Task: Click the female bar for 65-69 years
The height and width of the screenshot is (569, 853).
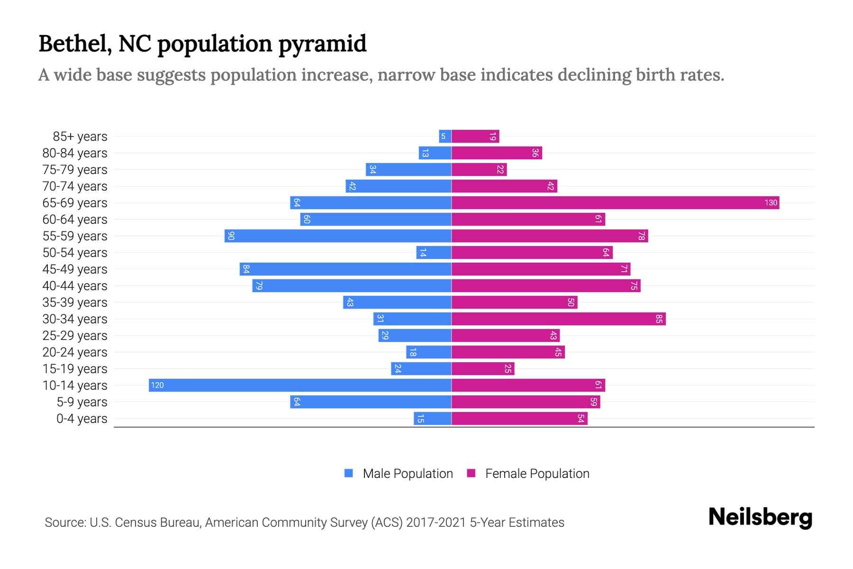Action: [x=615, y=203]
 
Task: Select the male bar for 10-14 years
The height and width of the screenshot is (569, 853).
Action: [x=300, y=385]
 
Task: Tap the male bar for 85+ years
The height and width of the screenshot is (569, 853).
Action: [x=445, y=137]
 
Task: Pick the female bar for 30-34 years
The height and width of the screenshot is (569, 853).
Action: [x=558, y=319]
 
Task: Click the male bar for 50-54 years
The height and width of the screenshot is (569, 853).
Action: [x=434, y=253]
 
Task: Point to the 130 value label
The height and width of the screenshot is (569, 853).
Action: [x=771, y=203]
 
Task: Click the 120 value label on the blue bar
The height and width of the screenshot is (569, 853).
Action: [x=157, y=385]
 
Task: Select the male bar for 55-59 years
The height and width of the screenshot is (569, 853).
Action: [x=338, y=236]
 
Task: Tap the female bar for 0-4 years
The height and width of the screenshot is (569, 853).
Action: [x=519, y=419]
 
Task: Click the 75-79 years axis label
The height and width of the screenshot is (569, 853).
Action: [x=75, y=170]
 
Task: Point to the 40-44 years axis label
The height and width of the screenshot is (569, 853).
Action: [x=75, y=286]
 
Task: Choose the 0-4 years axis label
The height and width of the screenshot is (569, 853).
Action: [x=82, y=419]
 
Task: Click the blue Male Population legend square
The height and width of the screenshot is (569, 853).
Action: [x=349, y=473]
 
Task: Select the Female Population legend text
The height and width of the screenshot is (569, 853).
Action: [x=537, y=474]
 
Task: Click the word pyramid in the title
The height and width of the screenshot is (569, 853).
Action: [x=322, y=44]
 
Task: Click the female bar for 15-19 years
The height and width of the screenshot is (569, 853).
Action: [x=483, y=369]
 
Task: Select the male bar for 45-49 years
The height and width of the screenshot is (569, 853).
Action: [x=345, y=269]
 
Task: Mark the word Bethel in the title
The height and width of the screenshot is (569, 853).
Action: [x=75, y=44]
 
